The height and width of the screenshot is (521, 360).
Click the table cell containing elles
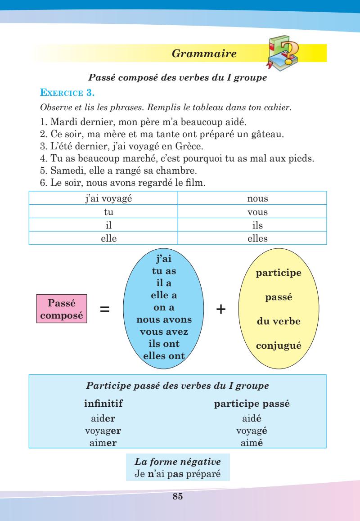tap(252, 239)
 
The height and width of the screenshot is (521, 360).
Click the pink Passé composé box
tap(62, 309)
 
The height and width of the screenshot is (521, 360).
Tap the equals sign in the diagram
tap(104, 310)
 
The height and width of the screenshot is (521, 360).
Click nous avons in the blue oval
tap(164, 320)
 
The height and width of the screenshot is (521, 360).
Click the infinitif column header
tap(103, 404)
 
